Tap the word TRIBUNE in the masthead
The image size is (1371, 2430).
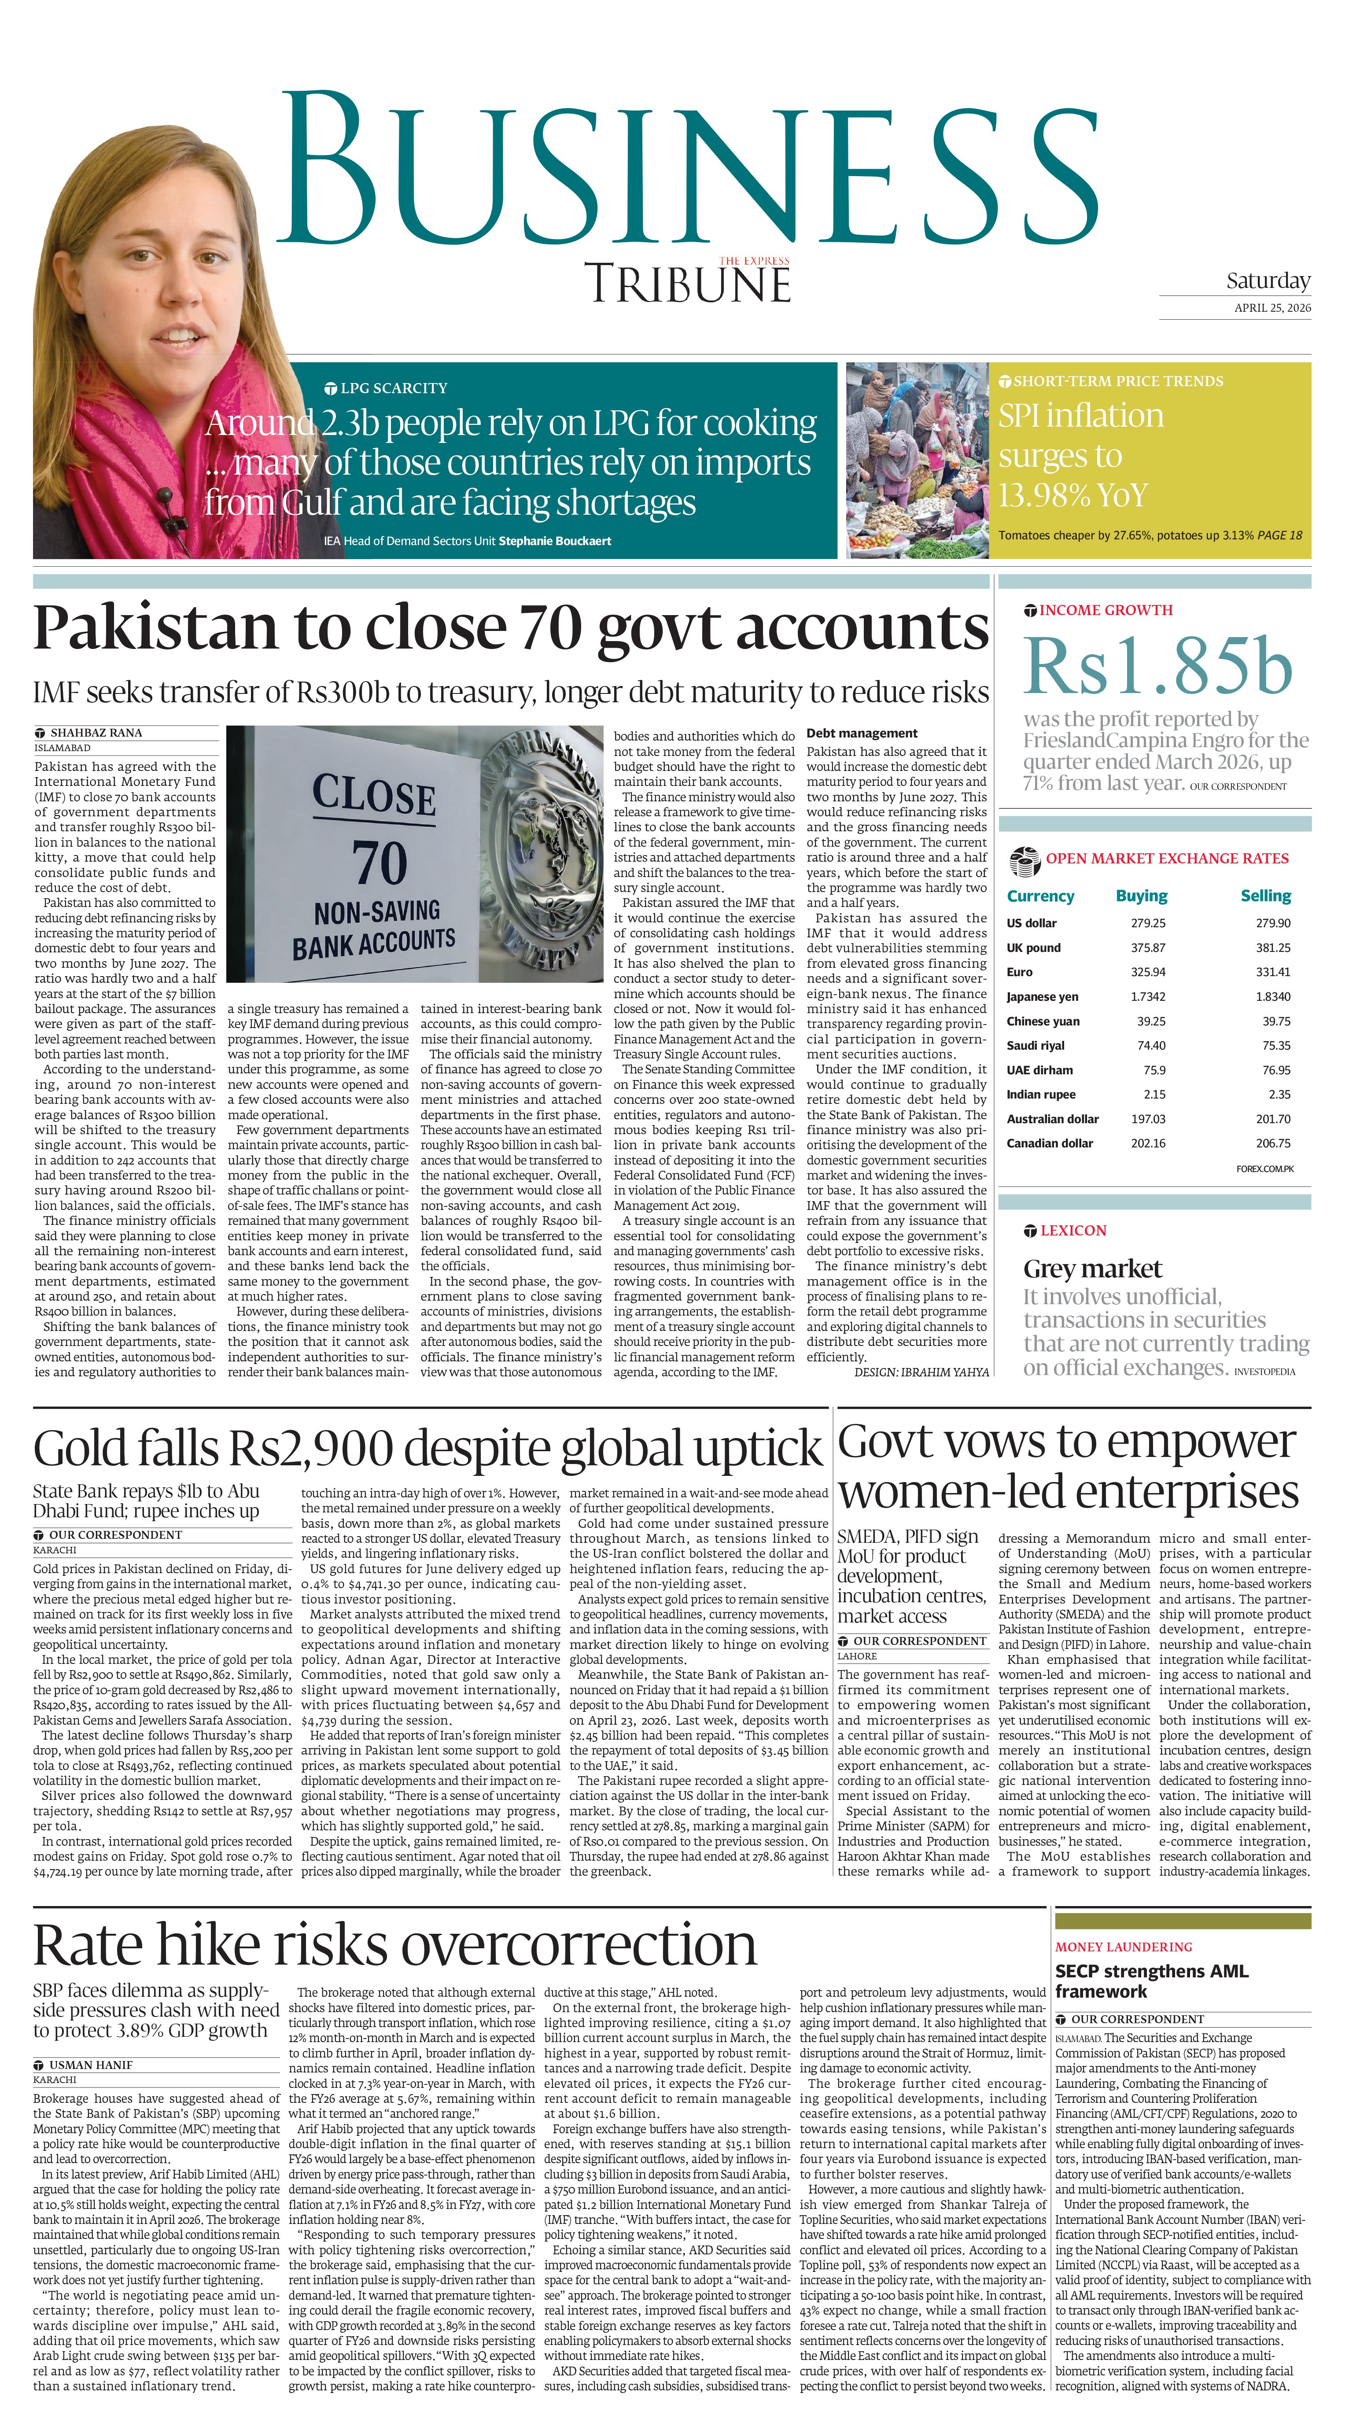click(688, 284)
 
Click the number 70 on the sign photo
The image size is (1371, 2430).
click(380, 862)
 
